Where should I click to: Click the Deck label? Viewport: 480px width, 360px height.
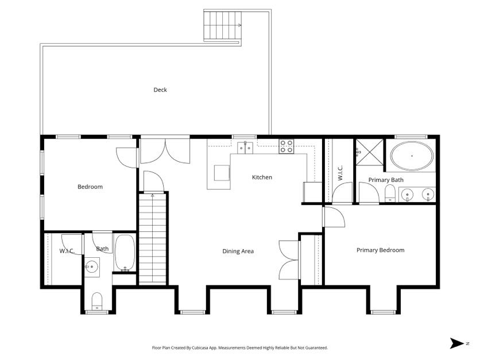point(160,90)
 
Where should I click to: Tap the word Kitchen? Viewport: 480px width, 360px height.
point(262,177)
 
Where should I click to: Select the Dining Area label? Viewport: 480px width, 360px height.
point(238,251)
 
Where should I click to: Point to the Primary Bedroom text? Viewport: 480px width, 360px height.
point(380,250)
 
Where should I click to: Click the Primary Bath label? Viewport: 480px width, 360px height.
point(386,180)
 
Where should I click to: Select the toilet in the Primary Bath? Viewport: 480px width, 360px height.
point(390,193)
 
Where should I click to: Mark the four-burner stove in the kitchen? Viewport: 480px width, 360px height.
point(286,147)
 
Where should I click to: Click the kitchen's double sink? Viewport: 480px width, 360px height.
point(246,148)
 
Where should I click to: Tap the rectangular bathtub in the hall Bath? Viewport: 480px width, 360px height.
point(125,253)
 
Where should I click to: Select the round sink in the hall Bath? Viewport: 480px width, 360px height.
point(91,266)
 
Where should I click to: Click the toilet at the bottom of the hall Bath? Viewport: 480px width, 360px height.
point(97,300)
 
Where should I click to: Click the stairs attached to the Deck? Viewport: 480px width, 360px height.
point(222,26)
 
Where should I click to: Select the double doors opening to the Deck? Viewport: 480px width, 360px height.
point(165,150)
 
